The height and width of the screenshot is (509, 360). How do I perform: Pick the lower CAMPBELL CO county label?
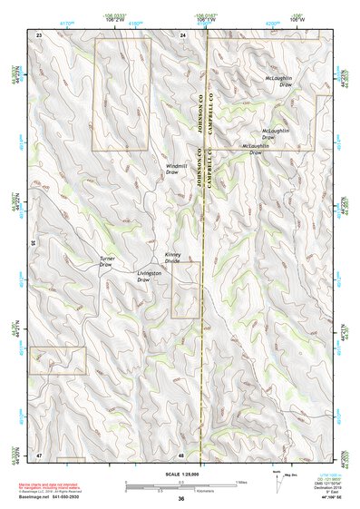(210, 181)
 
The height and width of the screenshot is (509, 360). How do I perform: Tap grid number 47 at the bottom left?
(39, 454)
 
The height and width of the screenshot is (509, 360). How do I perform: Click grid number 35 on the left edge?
(33, 242)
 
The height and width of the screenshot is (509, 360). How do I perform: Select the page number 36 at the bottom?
(181, 499)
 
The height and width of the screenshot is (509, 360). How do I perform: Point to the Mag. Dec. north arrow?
(277, 479)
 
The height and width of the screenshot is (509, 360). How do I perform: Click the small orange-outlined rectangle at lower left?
(57, 359)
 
